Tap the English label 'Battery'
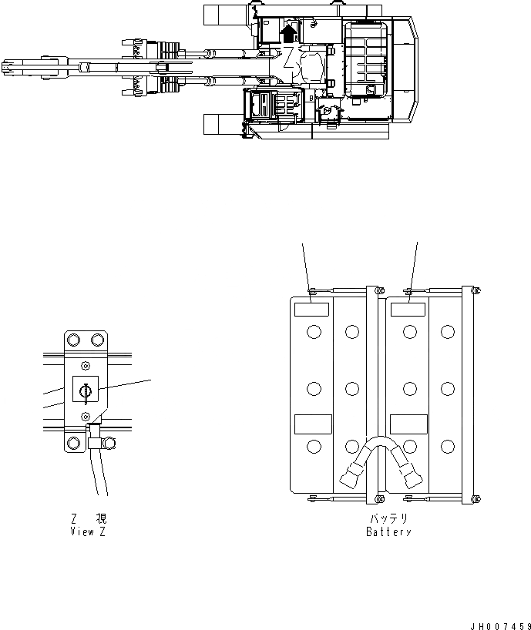pos(388,532)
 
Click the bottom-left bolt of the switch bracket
pos(74,443)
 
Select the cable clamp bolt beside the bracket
pos(109,442)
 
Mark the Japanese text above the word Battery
pos(388,519)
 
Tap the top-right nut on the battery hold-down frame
pos(475,290)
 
